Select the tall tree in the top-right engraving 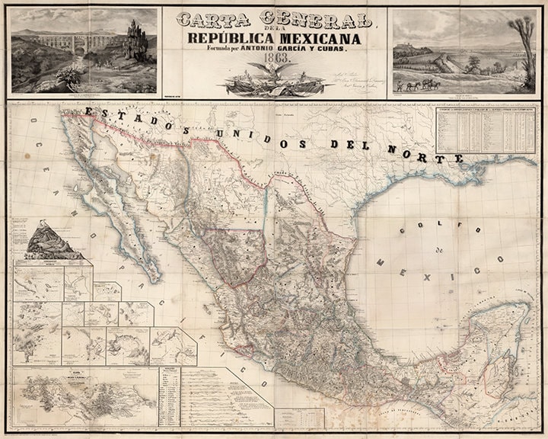522,38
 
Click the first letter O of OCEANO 35,123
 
